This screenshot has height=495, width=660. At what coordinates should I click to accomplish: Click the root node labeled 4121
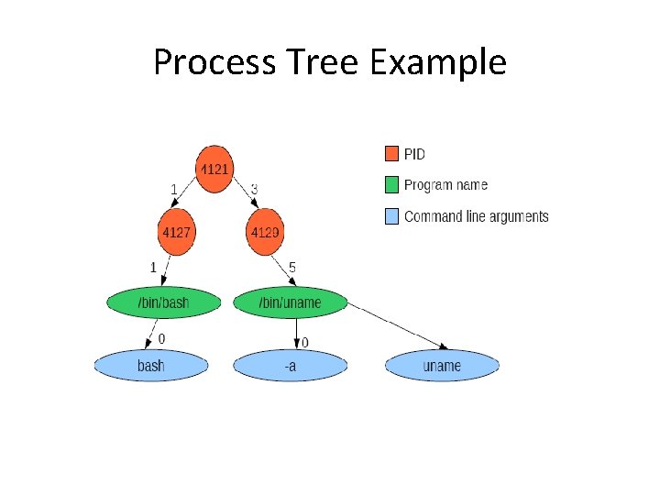coord(214,170)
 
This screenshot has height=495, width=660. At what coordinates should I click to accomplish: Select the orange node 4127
coord(177,232)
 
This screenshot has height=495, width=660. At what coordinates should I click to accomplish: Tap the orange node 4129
coord(265,232)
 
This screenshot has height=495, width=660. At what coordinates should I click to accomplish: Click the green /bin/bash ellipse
coord(164,302)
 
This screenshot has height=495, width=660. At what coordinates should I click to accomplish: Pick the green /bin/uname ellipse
coord(291,302)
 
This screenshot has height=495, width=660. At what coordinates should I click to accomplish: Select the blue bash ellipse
coord(151,366)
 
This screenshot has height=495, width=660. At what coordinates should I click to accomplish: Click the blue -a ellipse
coord(291,366)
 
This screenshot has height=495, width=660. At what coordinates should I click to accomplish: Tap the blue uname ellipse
coord(442,366)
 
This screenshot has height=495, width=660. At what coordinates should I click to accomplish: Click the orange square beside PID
coord(391,154)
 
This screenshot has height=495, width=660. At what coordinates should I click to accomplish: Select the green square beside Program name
coord(391,185)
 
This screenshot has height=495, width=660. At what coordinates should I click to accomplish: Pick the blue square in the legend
coord(391,216)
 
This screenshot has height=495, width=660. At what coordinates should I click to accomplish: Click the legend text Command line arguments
coord(476,216)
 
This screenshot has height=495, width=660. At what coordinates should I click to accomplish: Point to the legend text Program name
coord(445,185)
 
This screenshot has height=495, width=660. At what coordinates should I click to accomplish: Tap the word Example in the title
coord(438,63)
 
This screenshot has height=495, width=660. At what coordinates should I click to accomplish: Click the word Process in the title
coord(214,61)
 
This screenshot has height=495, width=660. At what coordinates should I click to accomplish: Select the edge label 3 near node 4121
coord(254,190)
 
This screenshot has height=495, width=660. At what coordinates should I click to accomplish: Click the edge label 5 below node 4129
coord(292,268)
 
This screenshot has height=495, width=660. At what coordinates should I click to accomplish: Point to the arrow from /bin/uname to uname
coord(398,326)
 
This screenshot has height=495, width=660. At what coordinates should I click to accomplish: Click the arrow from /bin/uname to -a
coord(296,334)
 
